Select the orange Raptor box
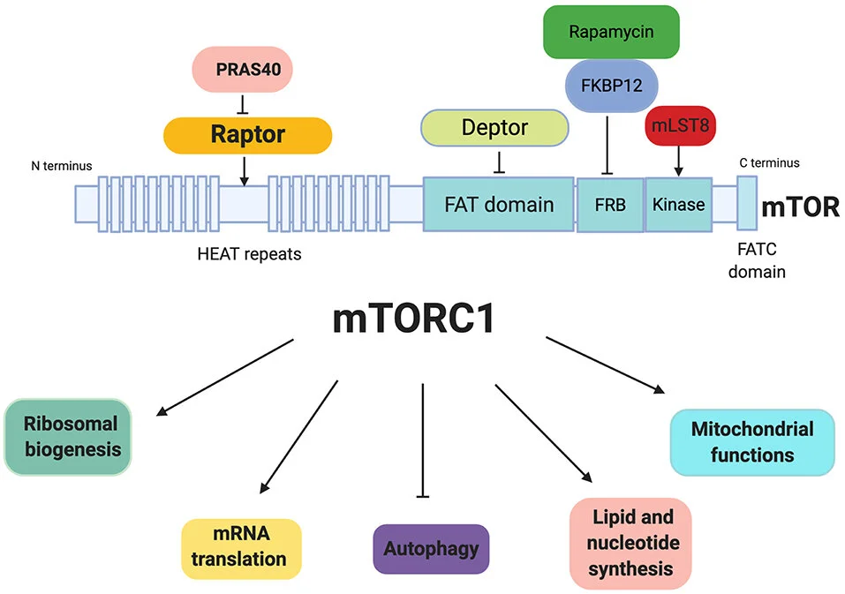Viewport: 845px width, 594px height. pos(247,135)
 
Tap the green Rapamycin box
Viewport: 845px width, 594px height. pos(610,33)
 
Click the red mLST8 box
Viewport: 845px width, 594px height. pos(678,127)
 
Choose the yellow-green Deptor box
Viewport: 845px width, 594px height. pos(494,128)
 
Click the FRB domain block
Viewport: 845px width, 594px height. pos(609,205)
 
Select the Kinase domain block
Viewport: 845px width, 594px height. pos(678,205)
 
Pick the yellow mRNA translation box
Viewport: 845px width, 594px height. pos(240,547)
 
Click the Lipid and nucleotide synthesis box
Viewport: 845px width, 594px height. pos(632,543)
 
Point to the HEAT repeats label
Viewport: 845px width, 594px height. pos(250,254)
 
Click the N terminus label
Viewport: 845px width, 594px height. pos(61,165)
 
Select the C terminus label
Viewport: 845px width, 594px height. pos(769,162)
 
